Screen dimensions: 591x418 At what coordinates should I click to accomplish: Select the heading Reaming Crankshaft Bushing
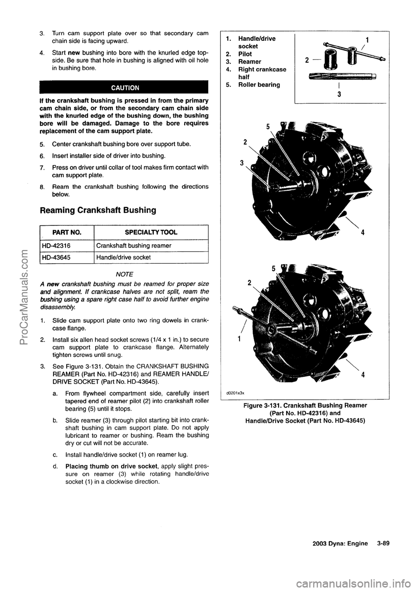pos(98,210)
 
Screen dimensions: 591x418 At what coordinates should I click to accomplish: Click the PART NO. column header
pos(67,232)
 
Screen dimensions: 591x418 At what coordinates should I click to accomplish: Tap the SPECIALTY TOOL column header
pos(151,232)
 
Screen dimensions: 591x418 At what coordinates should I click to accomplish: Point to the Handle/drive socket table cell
pos(124,257)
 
